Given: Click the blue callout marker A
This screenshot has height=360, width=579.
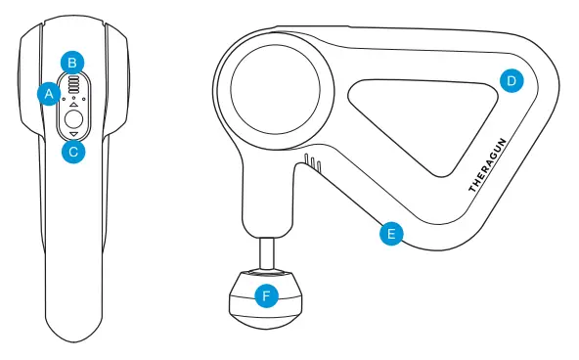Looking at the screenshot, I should pos(47,94).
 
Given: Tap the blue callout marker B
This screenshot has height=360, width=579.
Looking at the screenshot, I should pos(72,63).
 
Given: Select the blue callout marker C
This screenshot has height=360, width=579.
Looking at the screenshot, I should pos(73,152).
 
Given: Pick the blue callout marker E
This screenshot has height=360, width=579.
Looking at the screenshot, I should pos(390,235).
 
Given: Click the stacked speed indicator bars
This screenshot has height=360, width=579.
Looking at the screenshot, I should pos(73,84).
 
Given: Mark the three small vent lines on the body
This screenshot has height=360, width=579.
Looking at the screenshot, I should pos(311,161).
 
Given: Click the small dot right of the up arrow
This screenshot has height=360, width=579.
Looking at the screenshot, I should pos(83,99).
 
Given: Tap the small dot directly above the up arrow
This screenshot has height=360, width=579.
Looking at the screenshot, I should pos(73,99).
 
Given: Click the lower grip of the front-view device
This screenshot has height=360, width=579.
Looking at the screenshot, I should pos(73,264).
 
